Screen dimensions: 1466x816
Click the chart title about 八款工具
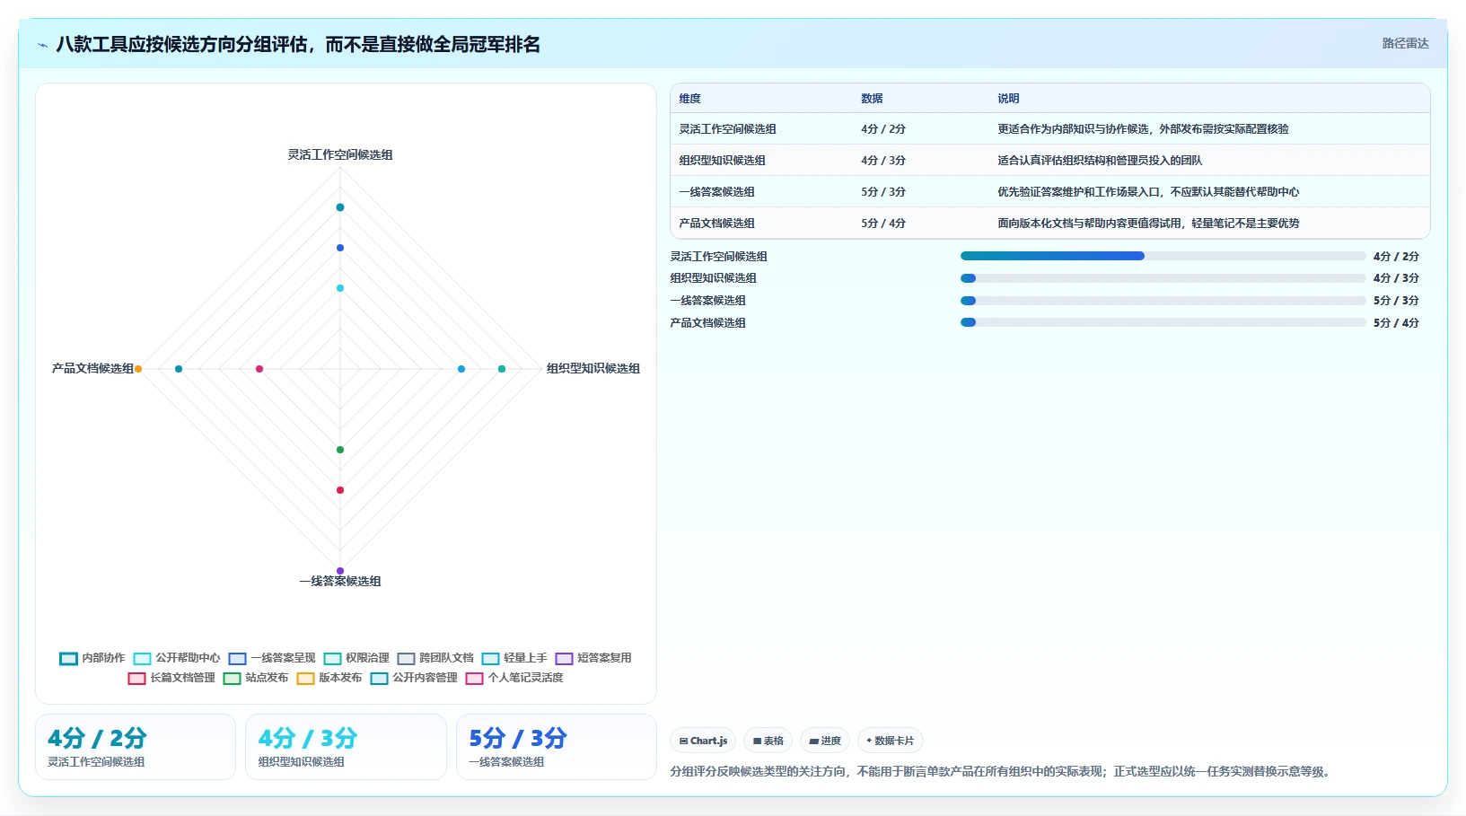[298, 45]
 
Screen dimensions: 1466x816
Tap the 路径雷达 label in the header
[1405, 43]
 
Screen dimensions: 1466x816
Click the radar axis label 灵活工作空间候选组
[340, 154]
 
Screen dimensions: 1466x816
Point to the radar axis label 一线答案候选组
[340, 581]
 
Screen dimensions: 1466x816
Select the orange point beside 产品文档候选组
[138, 369]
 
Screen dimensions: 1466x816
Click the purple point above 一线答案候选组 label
[340, 571]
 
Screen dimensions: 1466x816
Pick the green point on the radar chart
[340, 450]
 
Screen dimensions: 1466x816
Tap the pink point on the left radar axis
[259, 369]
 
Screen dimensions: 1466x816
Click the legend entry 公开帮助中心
[177, 658]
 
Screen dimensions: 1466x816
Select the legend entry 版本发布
[329, 677]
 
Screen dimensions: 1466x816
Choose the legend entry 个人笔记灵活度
[514, 677]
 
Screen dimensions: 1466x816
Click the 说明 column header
[1008, 98]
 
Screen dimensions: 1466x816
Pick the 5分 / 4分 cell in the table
[882, 224]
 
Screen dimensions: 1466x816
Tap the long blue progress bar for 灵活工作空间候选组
[1052, 256]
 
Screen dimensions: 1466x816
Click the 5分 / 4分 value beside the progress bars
[1396, 322]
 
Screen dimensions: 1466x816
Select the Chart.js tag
[703, 741]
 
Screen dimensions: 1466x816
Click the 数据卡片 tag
[890, 741]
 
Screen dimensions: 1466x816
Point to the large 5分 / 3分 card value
[518, 738]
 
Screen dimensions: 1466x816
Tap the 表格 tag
[768, 741]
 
